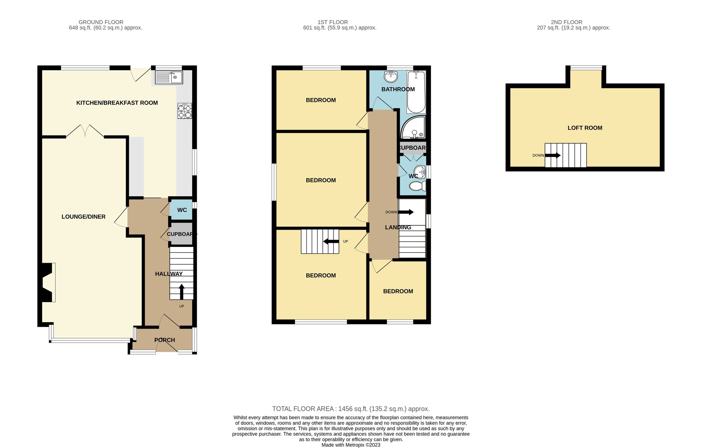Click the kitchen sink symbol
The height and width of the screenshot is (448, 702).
coord(169,78)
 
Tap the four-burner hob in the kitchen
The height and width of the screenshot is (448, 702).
coord(185,111)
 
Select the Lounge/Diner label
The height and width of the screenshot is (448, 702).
coord(83,217)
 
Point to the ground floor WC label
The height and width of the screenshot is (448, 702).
coord(182,210)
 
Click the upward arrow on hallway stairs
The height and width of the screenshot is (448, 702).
coord(182,291)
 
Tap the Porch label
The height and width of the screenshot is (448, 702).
coord(165,340)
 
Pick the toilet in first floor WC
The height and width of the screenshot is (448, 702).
coord(418,186)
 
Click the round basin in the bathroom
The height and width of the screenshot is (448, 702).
coord(391,77)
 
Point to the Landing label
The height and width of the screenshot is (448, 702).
coord(398,227)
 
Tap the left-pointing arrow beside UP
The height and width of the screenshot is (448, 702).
coord(331,242)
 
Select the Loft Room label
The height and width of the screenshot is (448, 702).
coord(585,128)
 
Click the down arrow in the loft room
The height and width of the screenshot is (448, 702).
coord(553,155)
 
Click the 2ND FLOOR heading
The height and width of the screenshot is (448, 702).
coord(566,22)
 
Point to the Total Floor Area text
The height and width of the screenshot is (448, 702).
coord(351,409)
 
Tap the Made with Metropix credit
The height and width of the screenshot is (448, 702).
coord(351,445)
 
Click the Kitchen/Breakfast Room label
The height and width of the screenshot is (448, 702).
coord(117,103)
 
